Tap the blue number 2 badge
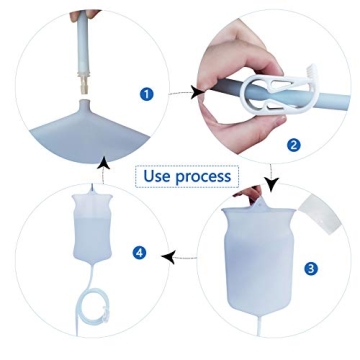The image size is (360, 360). click(292, 144)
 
